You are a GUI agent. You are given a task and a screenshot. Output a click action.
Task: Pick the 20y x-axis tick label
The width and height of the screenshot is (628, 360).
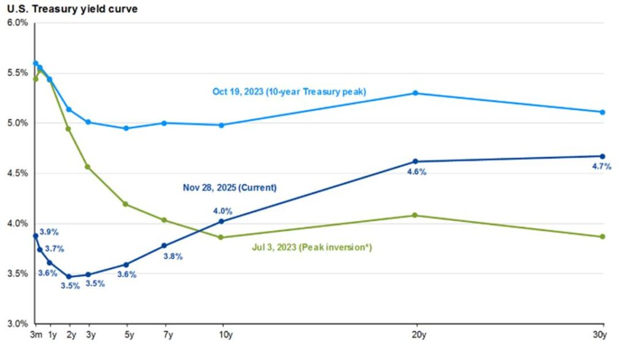coord(416,335)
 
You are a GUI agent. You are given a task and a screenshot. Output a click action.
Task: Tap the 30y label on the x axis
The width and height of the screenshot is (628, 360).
coord(601,335)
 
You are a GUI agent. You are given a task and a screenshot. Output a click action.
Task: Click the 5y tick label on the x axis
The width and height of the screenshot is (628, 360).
coord(126,335)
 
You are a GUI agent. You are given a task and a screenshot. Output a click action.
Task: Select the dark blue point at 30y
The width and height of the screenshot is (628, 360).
coord(602,156)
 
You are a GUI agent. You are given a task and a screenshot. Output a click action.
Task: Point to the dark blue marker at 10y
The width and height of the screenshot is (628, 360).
coord(221,221)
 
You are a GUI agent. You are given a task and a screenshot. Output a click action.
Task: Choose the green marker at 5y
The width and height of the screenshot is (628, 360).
coord(126,204)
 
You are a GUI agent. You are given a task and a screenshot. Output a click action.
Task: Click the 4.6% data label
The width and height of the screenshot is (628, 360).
coord(416,172)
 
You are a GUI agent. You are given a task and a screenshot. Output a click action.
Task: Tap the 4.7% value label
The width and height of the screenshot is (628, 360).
coord(601,166)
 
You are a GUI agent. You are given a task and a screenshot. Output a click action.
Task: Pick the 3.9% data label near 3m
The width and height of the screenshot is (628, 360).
coord(49,232)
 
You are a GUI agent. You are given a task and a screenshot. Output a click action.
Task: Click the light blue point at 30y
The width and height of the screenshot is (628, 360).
coord(602,112)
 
